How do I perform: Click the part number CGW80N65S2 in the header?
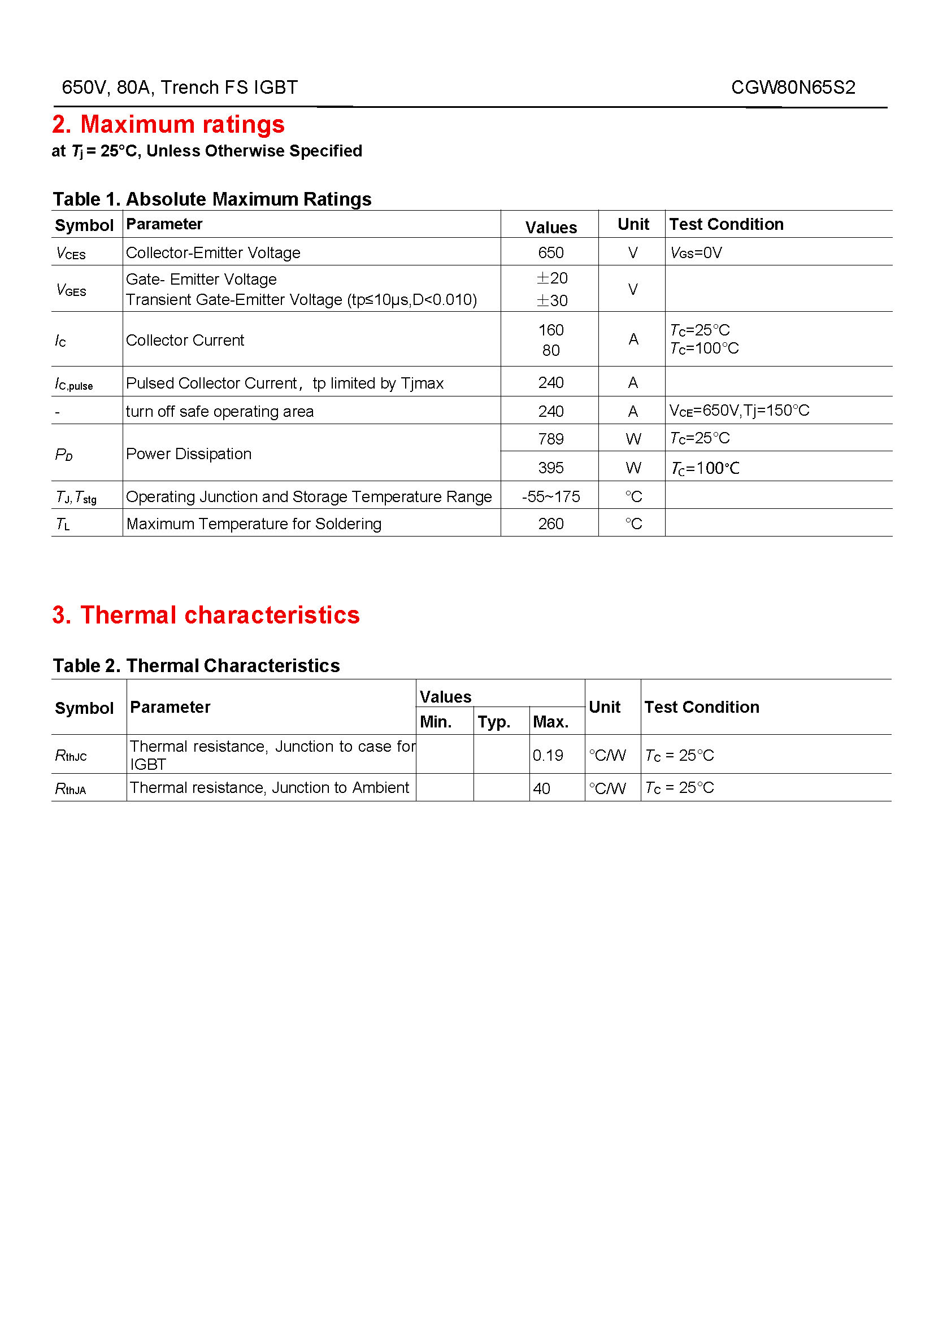click(x=792, y=88)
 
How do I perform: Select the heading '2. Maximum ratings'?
click(x=168, y=124)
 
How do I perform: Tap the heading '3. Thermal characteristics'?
click(x=206, y=614)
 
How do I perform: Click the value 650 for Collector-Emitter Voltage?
click(x=550, y=252)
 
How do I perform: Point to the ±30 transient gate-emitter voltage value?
click(x=551, y=300)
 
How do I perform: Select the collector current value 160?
click(x=550, y=330)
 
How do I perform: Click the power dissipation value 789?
click(x=550, y=439)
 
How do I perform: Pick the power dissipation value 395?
click(x=550, y=468)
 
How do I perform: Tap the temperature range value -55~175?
click(x=550, y=496)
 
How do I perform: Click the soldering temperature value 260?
click(x=550, y=524)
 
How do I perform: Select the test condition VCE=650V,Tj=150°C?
click(x=739, y=411)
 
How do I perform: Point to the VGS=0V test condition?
click(x=696, y=253)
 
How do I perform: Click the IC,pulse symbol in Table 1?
click(x=73, y=383)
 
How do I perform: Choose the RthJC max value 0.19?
click(x=548, y=755)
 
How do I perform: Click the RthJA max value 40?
click(x=541, y=788)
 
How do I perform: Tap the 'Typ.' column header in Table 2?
click(x=494, y=721)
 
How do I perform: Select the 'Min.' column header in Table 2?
click(x=436, y=721)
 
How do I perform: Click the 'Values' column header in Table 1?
click(x=550, y=227)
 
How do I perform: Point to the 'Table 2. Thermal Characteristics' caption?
click(x=196, y=665)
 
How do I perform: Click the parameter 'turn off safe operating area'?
click(x=219, y=411)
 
